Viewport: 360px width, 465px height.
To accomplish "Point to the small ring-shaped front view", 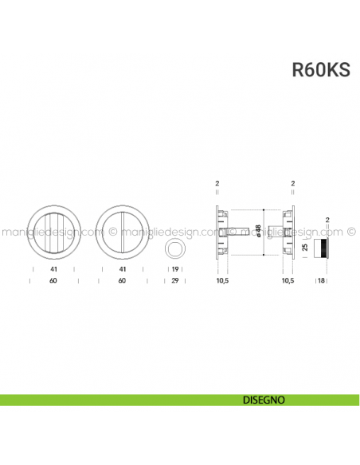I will click(174, 250).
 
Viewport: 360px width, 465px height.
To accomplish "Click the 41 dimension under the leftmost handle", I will click(53, 270).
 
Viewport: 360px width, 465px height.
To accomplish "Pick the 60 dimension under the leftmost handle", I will click(53, 281).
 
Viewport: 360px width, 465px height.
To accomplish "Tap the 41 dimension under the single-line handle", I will click(121, 270).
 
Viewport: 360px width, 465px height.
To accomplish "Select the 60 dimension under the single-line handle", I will click(121, 281).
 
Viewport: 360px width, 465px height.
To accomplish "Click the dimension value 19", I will click(174, 270).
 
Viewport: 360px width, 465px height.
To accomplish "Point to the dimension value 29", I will click(174, 281).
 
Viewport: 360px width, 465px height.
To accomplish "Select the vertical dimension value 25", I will click(306, 248).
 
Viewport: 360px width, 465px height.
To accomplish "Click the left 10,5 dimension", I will click(223, 281).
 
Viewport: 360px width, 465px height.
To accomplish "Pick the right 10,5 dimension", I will click(288, 281).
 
